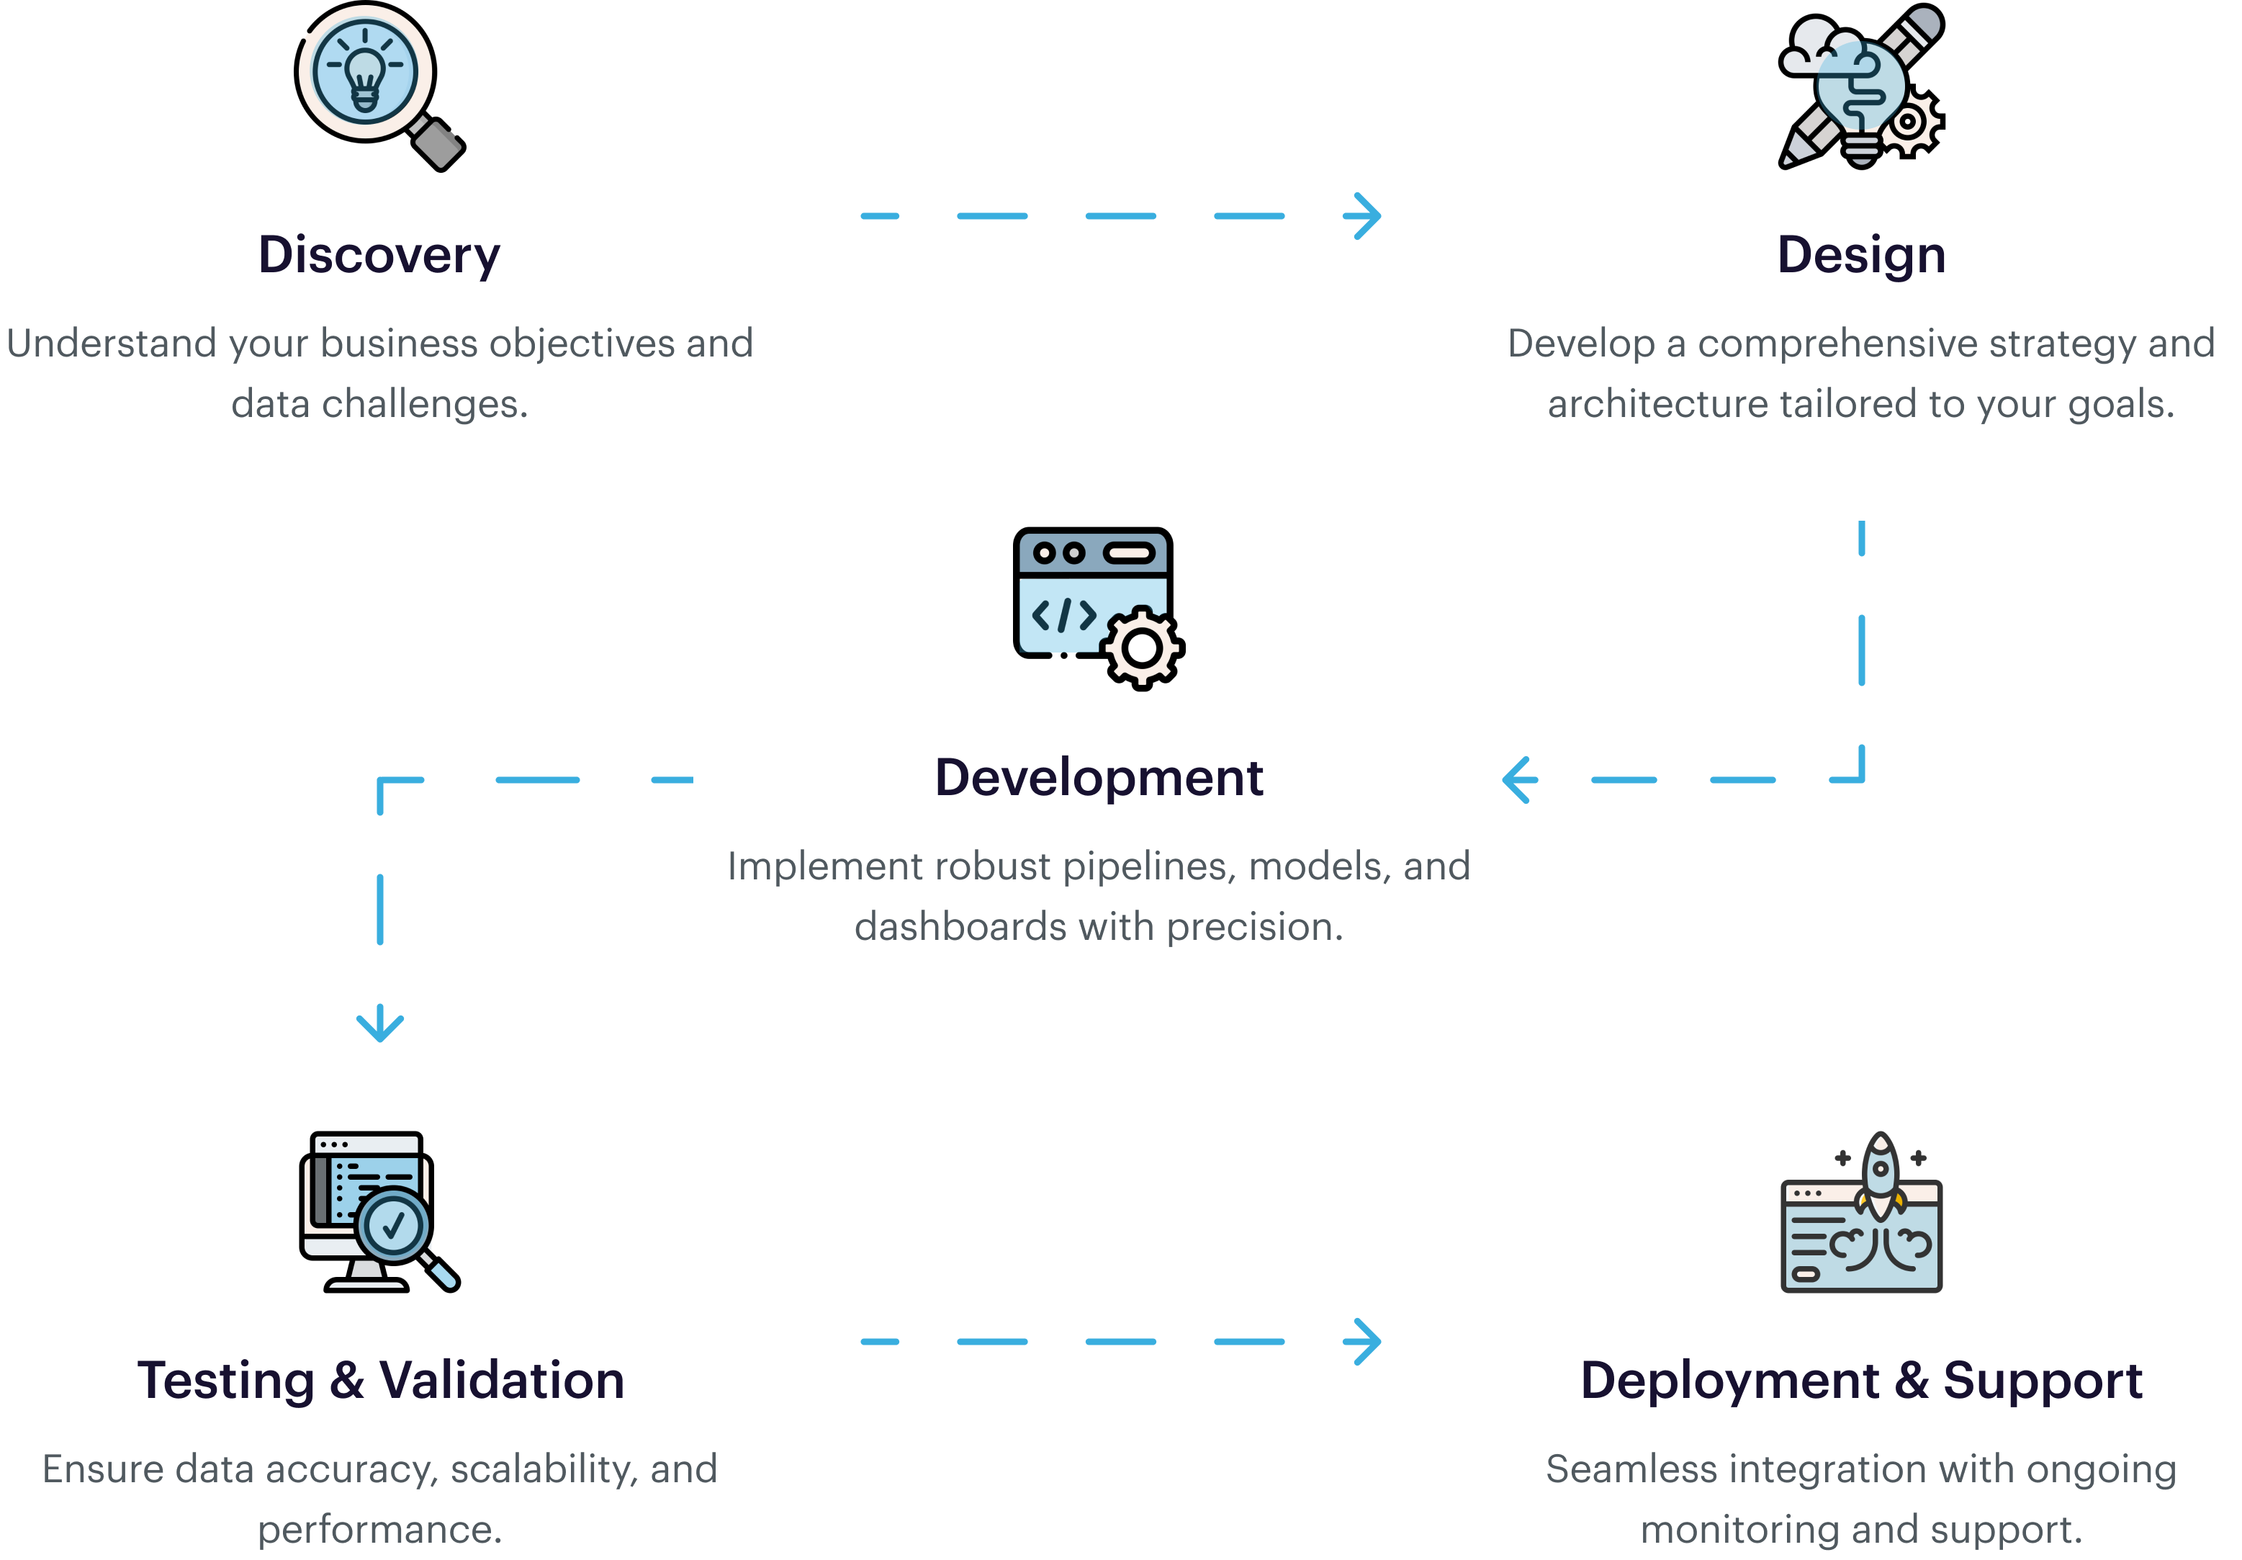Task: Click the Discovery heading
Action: [379, 256]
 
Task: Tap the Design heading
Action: [1860, 256]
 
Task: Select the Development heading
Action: [1099, 778]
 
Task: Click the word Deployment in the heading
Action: [1729, 1380]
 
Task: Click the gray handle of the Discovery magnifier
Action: [438, 143]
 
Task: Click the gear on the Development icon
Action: [1140, 647]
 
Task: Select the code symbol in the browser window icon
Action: [1064, 615]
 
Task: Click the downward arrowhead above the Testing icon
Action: [380, 1025]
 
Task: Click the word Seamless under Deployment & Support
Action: [1608, 1469]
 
